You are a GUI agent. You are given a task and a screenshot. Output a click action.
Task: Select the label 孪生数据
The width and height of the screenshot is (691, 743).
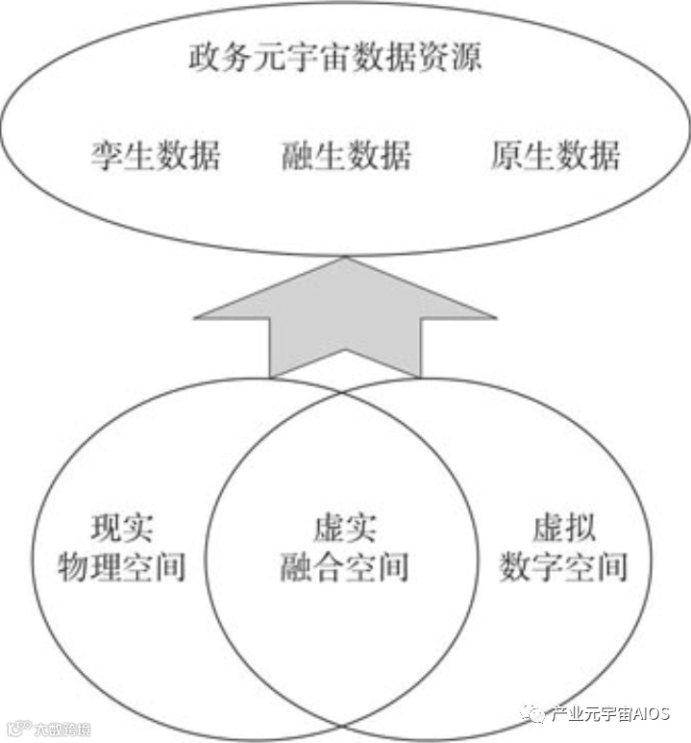(x=155, y=155)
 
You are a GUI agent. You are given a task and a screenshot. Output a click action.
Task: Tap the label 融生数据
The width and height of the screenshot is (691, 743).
(x=346, y=155)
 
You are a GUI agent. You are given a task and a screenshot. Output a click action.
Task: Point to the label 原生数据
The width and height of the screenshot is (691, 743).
(x=555, y=155)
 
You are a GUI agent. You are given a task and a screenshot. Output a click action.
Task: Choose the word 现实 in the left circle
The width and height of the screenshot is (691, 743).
(x=122, y=528)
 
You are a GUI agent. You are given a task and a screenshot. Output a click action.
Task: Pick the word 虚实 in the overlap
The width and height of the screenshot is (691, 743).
(x=345, y=528)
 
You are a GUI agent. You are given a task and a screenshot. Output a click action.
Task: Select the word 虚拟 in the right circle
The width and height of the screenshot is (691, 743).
(x=563, y=528)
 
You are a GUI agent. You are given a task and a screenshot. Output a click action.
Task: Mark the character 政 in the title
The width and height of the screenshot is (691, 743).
(x=204, y=57)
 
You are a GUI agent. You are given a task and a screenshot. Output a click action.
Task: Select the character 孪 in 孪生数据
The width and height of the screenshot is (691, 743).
(x=107, y=155)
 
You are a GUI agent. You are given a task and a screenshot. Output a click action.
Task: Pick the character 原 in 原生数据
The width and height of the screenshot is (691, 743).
(x=506, y=155)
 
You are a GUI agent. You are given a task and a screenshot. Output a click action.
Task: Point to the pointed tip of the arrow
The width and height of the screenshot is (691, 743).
(x=345, y=260)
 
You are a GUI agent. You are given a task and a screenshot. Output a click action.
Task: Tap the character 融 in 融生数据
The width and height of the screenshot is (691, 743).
(x=298, y=155)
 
